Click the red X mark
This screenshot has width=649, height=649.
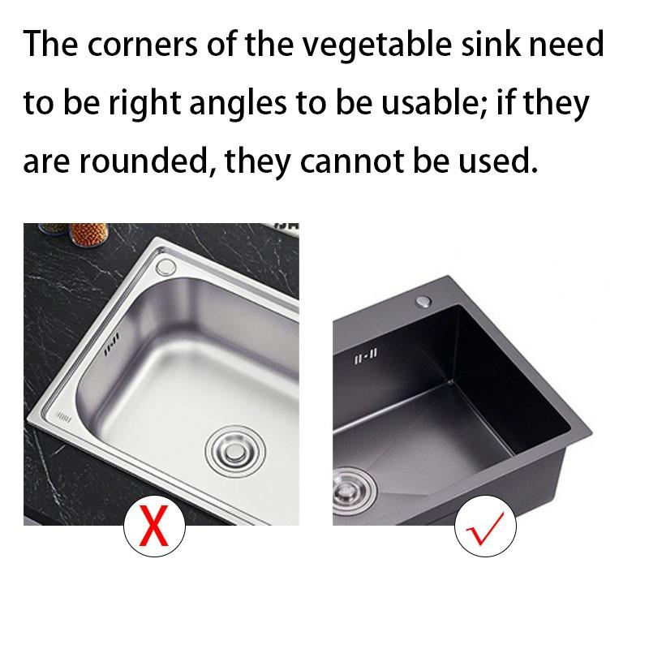pos(154,526)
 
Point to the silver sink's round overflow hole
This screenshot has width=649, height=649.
pos(166,268)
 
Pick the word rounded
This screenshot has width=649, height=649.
pos(145,162)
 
